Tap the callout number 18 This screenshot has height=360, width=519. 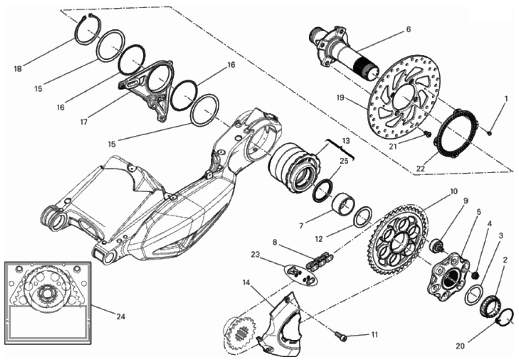click(x=18, y=68)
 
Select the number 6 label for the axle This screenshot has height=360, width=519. click(x=408, y=29)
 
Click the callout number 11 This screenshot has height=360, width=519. click(x=374, y=335)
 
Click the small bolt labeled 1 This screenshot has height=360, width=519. click(x=490, y=130)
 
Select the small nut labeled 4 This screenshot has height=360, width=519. click(x=474, y=275)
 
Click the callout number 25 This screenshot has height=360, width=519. click(x=344, y=161)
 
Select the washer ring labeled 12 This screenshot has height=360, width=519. click(x=363, y=216)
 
